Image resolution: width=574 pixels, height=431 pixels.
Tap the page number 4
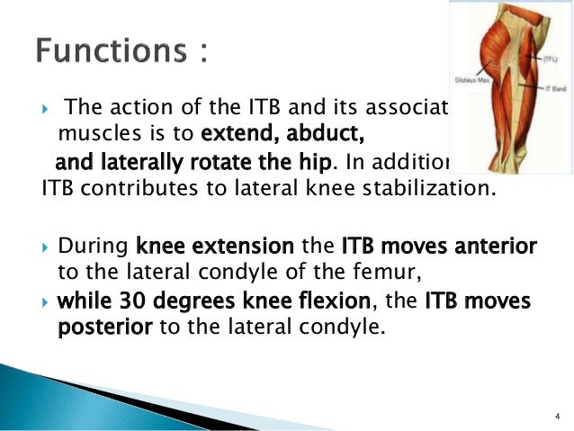click(558, 415)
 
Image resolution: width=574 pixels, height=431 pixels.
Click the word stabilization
click(435, 192)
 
